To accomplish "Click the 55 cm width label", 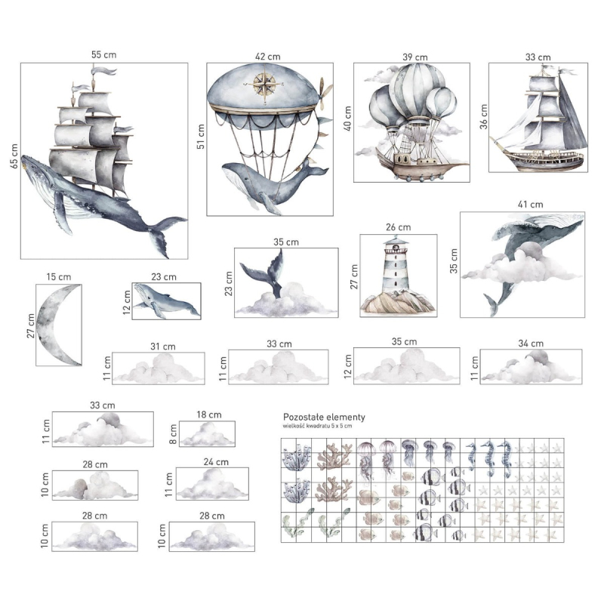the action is pos(103,54).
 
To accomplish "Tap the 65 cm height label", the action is pos(14,156).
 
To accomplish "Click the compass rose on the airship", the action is pos(265,85).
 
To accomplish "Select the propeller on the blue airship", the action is pos(325,92).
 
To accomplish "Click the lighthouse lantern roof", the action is pos(396,242).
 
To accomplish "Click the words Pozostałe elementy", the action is pos(324,417).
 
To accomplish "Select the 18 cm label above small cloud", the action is pos(209,414).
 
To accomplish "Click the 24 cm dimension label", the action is pos(216,462).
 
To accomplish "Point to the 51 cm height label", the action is pos(201,137).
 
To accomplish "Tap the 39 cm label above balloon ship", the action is pos(414,57).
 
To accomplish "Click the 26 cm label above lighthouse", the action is pos(399,227).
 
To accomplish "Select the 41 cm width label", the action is pos(531,205).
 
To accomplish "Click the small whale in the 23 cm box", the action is pos(167,301).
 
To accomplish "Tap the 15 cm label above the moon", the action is pos(59,277).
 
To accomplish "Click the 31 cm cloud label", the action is pos(163,347).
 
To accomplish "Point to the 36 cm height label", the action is pos(483,117).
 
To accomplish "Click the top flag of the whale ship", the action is pos(103,71).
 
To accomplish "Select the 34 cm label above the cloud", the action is pos(531,344).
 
